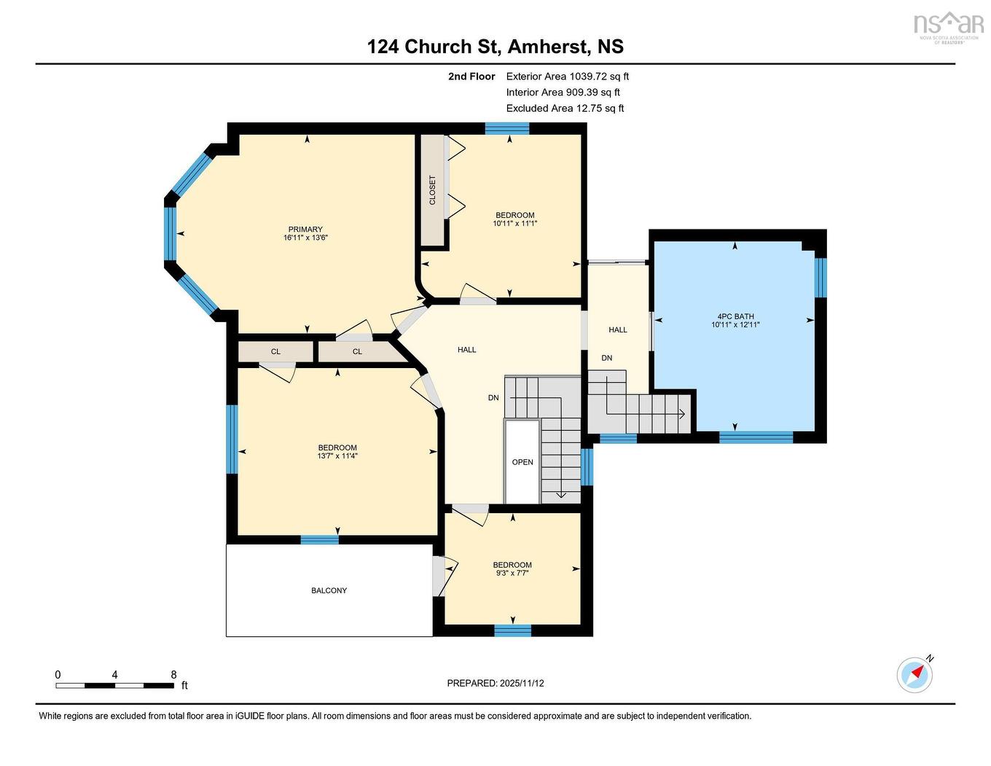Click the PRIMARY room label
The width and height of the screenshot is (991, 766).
[x=305, y=230]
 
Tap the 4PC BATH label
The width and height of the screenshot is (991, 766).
[x=735, y=317]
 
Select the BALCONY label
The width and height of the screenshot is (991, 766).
[x=329, y=590]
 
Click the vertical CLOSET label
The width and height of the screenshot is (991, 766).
[x=432, y=190]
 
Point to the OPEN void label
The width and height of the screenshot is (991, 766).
[x=522, y=462]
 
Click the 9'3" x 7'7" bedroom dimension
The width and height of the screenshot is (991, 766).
[x=512, y=574]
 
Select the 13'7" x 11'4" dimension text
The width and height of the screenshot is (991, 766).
[x=337, y=456]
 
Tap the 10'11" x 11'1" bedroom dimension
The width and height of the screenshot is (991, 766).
[x=514, y=224]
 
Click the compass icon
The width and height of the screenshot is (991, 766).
[x=914, y=674]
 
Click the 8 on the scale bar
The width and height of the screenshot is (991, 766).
[x=173, y=675]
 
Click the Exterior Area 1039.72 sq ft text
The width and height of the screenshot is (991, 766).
[x=568, y=76]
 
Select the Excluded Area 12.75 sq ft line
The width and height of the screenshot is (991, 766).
[x=565, y=108]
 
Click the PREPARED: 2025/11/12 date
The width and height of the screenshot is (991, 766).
[x=495, y=683]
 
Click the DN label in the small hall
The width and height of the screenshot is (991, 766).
[x=607, y=358]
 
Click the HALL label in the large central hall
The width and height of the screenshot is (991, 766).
[x=467, y=350]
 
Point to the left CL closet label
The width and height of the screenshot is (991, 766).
[x=275, y=351]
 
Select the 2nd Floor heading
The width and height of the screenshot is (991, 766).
[x=471, y=76]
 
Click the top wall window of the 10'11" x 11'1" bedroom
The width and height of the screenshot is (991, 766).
[x=507, y=128]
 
